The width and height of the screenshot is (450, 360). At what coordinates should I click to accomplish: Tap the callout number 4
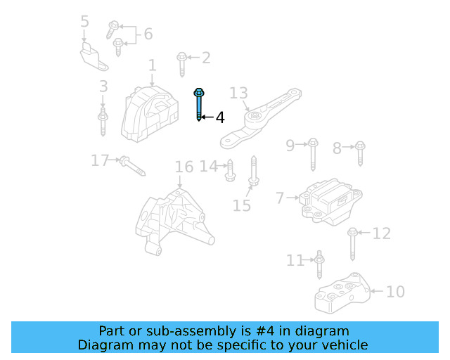(x=220, y=117)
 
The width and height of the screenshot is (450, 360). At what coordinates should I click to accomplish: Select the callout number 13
(x=239, y=93)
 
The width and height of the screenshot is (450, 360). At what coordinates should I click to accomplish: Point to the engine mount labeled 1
(x=150, y=115)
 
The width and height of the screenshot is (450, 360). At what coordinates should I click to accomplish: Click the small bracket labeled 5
(x=91, y=56)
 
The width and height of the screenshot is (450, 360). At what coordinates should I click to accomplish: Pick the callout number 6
(x=148, y=34)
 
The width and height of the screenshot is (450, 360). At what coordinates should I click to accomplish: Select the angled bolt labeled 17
(x=131, y=166)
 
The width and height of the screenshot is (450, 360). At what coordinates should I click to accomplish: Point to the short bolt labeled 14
(x=229, y=169)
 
